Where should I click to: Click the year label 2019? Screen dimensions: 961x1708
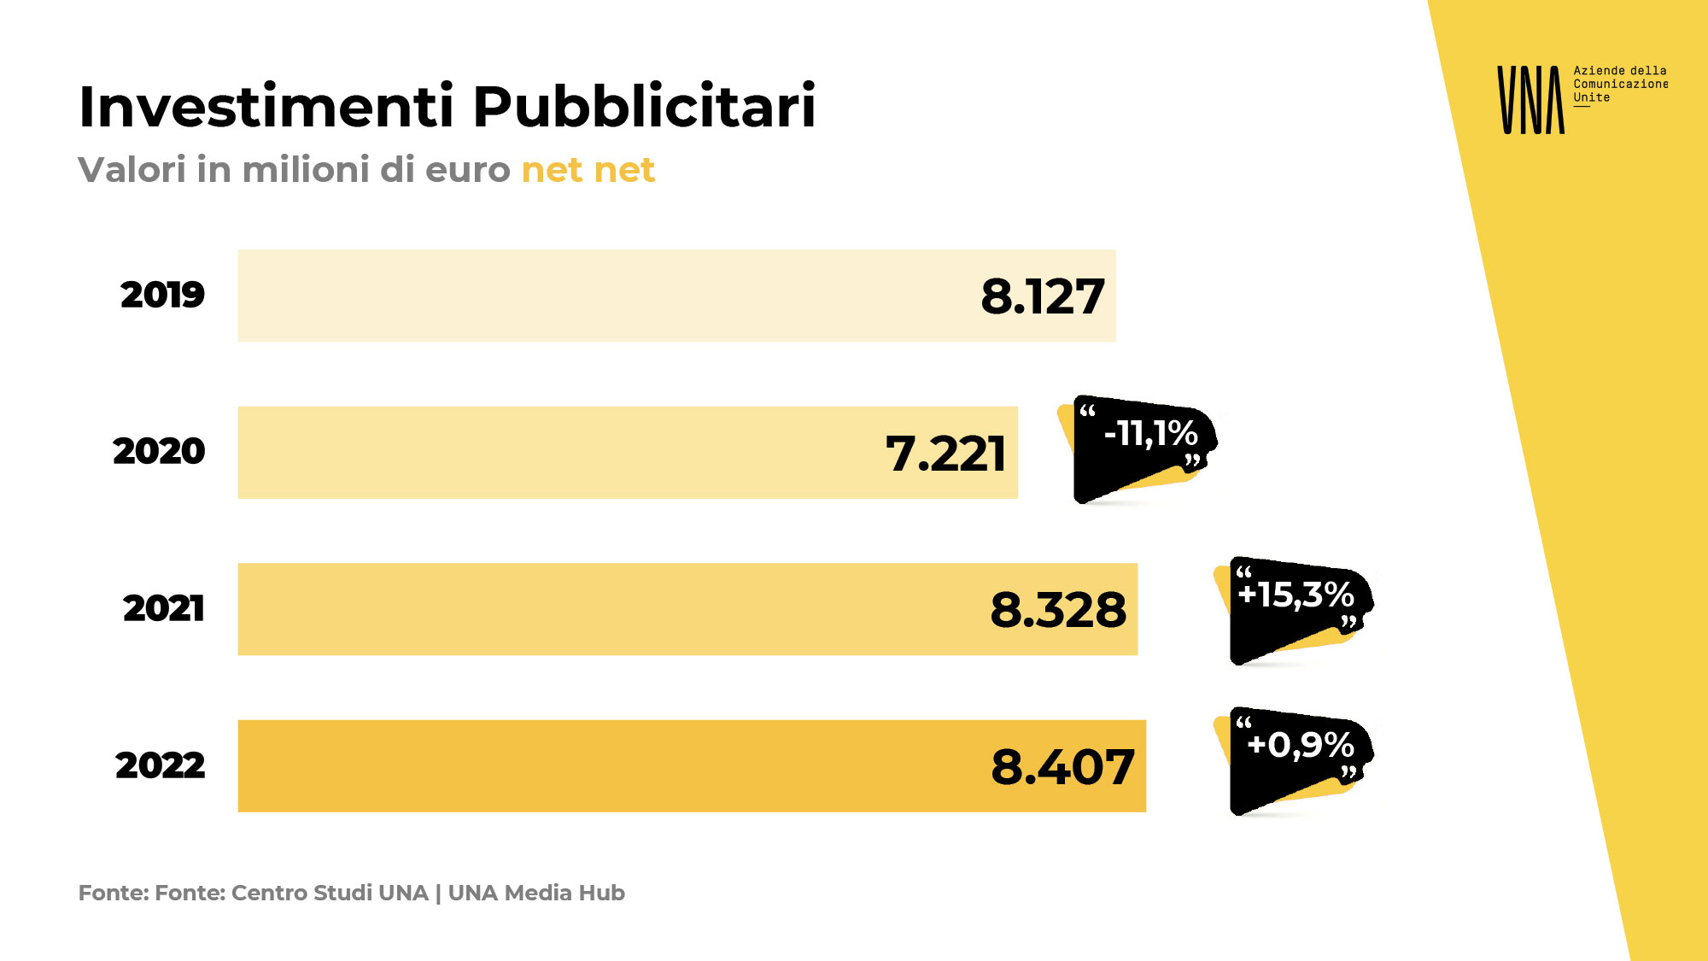[x=162, y=295]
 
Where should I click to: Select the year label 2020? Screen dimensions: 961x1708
[x=159, y=451]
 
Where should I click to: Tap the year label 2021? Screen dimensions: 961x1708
[x=163, y=608]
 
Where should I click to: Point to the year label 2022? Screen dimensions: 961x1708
[x=161, y=765]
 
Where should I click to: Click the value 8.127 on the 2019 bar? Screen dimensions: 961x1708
[x=1043, y=296]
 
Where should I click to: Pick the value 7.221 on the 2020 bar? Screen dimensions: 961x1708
[x=945, y=454]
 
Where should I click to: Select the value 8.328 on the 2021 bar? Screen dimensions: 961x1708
[x=1058, y=610]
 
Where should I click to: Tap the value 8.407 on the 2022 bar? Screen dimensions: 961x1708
[x=1062, y=767]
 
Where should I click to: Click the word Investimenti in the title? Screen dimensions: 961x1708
[x=266, y=107]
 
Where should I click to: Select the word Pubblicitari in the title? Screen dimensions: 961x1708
[x=645, y=107]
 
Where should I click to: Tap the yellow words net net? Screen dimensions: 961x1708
[x=588, y=170]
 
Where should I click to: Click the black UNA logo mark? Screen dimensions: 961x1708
[x=1530, y=100]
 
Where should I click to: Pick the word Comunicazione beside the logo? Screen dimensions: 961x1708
[x=1620, y=84]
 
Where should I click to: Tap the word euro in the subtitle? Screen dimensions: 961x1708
[x=467, y=170]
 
